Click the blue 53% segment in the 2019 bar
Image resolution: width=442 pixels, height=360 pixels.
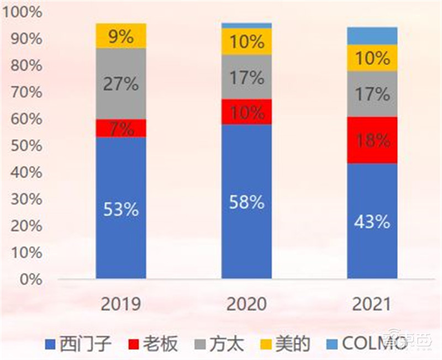coord(121,208)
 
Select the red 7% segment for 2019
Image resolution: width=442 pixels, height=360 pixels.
coord(121,128)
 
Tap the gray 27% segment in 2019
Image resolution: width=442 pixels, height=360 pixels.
coord(121,84)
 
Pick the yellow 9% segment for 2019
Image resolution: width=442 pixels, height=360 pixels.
coord(121,36)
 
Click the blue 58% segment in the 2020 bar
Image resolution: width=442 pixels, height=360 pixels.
coord(246,202)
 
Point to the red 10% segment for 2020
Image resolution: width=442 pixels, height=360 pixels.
coord(246,112)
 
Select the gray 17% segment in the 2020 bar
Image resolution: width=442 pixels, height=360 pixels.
coord(246,77)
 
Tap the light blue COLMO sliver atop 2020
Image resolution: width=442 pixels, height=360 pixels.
coord(246,25)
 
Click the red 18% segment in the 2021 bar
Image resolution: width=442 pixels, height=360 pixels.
coord(372,140)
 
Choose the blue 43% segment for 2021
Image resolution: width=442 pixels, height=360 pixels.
coord(372,221)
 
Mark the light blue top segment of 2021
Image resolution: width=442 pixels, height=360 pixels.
coord(372,36)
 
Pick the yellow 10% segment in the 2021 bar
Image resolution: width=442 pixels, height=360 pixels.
coord(372,58)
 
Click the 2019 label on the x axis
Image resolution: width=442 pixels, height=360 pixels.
coord(121,304)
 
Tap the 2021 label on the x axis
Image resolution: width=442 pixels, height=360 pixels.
coord(372,304)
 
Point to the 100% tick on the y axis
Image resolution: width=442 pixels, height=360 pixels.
coord(22,12)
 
